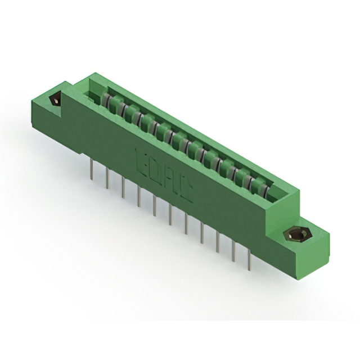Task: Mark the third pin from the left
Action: click(x=123, y=186)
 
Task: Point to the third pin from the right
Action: click(x=218, y=242)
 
